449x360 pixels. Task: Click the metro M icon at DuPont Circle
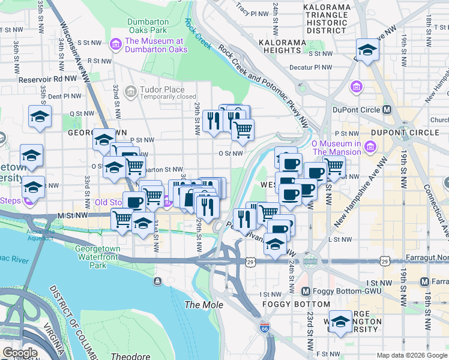pyautogui.click(x=387, y=110)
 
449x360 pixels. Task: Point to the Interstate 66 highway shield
pyautogui.click(x=265, y=328)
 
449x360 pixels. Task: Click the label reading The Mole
pyautogui.click(x=203, y=305)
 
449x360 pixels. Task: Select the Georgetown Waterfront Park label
pyautogui.click(x=98, y=254)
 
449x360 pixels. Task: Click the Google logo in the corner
pyautogui.click(x=20, y=353)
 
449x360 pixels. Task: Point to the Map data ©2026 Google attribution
pyautogui.click(x=411, y=355)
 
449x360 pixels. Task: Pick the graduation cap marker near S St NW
pyautogui.click(x=367, y=50)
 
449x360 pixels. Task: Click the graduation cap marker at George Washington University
pyautogui.click(x=341, y=322)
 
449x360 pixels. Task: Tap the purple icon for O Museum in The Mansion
pyautogui.click(x=370, y=147)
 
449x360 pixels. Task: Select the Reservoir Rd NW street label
pyautogui.click(x=47, y=79)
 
